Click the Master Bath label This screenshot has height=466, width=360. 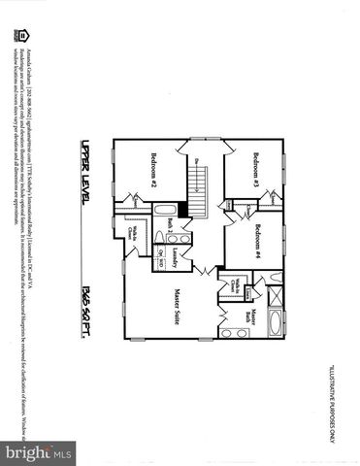click(250, 317)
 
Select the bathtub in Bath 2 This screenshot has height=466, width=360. click(167, 210)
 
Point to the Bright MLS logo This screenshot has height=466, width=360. click(39, 451)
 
